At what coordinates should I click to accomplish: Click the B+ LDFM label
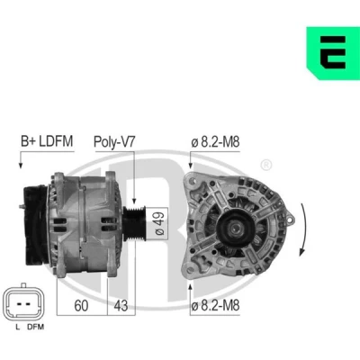tap(47, 141)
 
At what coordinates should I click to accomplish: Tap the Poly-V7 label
tap(114, 141)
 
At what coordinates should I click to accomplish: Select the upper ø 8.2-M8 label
tap(215, 142)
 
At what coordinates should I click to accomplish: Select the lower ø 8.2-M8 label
tap(215, 306)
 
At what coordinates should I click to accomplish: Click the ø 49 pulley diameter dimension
tap(158, 223)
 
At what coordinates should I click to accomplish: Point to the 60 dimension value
tap(81, 305)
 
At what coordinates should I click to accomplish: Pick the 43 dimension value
tap(121, 305)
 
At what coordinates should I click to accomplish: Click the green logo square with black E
tap(333, 53)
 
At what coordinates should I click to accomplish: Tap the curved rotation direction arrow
tap(303, 229)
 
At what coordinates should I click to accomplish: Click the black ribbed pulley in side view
tap(135, 223)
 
